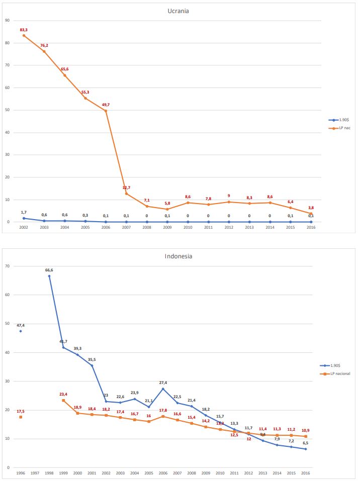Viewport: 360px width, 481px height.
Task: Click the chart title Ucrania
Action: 178,11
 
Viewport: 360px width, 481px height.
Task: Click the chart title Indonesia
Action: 178,256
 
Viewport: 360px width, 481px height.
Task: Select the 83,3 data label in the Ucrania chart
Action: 24,30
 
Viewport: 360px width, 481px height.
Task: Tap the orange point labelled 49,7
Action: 106,111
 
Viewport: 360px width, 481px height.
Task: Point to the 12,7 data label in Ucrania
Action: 126,187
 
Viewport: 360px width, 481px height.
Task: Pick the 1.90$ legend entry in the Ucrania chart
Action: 340,120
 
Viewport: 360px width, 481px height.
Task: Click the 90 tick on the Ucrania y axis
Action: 8,20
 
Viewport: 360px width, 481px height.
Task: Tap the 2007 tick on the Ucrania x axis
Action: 126,228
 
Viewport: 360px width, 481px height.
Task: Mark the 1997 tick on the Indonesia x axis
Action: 35,473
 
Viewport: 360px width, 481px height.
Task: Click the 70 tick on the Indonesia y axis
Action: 8,266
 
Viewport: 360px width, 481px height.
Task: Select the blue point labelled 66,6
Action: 49,276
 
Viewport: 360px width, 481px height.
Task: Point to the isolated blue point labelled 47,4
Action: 21,331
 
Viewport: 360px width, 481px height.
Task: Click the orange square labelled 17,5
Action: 21,417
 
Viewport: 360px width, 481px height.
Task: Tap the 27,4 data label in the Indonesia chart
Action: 163,382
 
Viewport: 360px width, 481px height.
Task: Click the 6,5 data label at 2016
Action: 305,443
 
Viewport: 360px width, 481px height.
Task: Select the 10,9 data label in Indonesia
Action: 305,430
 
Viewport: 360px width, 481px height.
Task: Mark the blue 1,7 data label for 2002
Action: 24,212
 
